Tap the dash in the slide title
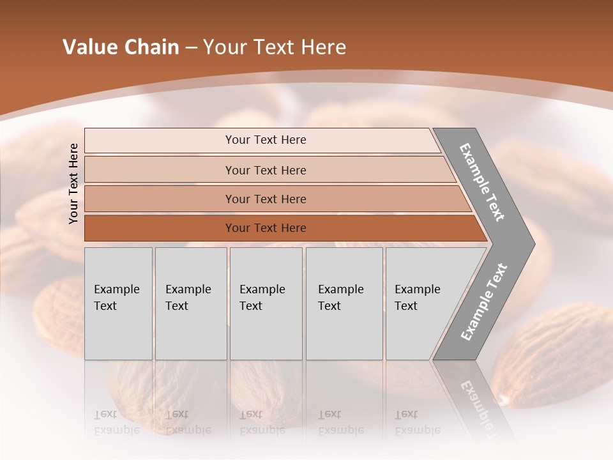tap(191, 48)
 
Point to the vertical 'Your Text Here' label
tap(73, 183)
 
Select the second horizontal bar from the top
tap(265, 170)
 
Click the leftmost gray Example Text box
tap(118, 303)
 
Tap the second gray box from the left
tap(191, 303)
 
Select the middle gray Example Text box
tap(266, 303)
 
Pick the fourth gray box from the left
tap(344, 303)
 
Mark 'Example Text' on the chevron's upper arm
tap(482, 182)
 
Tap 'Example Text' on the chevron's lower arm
tap(483, 302)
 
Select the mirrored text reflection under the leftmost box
tap(117, 422)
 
